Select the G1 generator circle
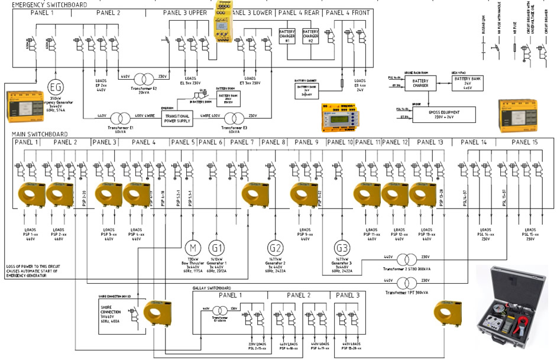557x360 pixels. (217, 247)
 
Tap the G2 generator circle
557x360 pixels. (275, 248)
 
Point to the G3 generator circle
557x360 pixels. (342, 247)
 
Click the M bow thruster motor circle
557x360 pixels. (193, 247)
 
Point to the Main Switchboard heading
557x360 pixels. (40, 135)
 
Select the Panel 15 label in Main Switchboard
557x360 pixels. (524, 142)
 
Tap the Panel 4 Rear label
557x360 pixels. (299, 12)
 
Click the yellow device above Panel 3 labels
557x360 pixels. (224, 22)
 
